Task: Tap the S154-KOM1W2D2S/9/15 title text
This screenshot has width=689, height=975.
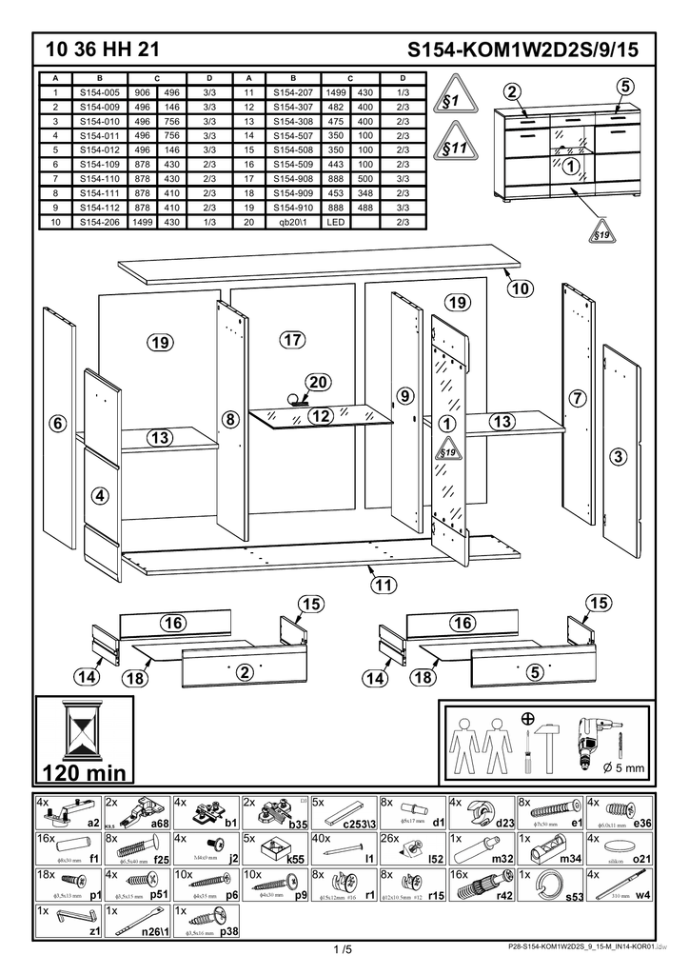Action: coord(522,49)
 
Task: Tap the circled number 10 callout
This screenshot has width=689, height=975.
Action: coord(519,288)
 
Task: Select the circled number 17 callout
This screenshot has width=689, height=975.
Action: coord(291,340)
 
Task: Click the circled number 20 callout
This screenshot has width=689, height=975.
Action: coord(318,383)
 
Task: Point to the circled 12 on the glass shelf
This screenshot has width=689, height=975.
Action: coord(320,416)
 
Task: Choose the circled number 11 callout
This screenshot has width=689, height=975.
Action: coord(384,585)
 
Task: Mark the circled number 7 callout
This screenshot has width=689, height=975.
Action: coord(577,398)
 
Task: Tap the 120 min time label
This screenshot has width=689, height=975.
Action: coord(84,770)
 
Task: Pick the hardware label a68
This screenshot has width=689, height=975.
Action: coord(159,823)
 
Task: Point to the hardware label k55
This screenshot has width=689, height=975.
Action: coord(296,858)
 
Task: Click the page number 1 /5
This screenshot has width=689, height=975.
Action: coord(344,949)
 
